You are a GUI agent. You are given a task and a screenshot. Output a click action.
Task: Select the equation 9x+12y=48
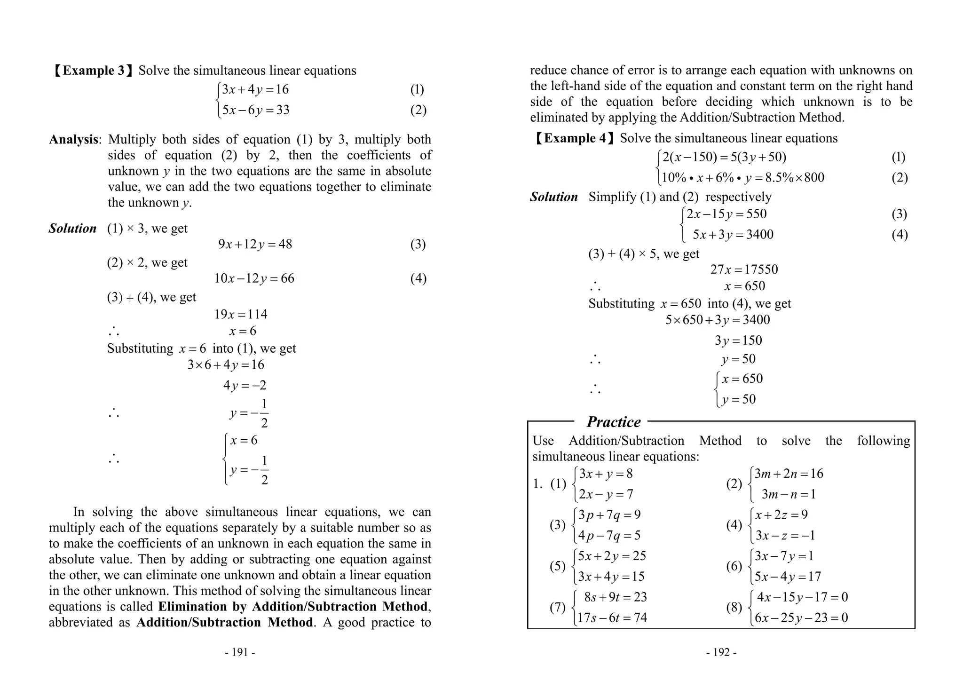click(x=255, y=244)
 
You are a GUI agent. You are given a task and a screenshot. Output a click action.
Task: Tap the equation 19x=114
click(x=241, y=314)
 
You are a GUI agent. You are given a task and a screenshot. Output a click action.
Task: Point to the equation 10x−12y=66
click(x=254, y=278)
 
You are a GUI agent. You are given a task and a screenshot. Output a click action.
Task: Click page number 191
click(x=240, y=652)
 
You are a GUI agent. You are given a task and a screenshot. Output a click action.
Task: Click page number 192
click(x=721, y=652)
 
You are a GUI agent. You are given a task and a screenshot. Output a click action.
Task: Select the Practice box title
click(x=614, y=422)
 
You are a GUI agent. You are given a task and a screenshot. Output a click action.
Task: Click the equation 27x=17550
click(x=744, y=269)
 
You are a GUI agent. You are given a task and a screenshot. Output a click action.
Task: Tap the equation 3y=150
click(x=738, y=340)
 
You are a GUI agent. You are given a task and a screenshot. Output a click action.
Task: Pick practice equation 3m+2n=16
click(x=789, y=474)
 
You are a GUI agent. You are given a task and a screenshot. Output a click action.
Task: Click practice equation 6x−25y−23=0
click(x=801, y=618)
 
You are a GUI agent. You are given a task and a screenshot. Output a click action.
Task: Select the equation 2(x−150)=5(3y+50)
click(x=724, y=157)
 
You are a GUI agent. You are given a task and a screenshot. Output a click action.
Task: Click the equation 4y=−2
click(x=245, y=386)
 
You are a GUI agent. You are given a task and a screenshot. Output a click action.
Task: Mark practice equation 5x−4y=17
click(x=788, y=577)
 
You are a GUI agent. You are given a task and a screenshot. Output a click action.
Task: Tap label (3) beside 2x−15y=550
click(x=899, y=214)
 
